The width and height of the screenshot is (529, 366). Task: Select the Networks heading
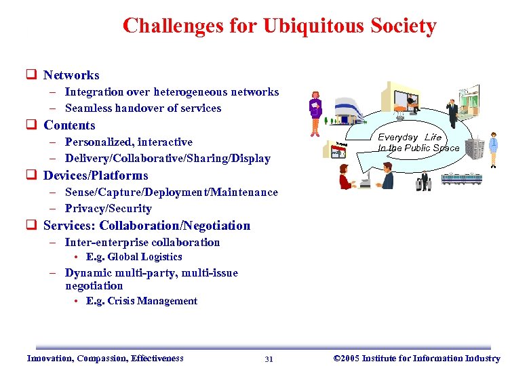click(x=71, y=75)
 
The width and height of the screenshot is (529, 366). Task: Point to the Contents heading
click(x=69, y=125)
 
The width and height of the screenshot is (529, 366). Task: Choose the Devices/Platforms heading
click(x=96, y=176)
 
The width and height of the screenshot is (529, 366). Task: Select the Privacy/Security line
click(x=108, y=209)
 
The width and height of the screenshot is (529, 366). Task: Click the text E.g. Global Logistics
click(x=134, y=257)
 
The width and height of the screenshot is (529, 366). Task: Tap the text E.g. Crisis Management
click(x=141, y=301)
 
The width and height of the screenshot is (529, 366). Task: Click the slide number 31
click(x=269, y=359)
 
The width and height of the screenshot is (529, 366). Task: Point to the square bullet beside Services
click(x=31, y=226)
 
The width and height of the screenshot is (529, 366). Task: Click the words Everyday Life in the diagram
click(x=410, y=138)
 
